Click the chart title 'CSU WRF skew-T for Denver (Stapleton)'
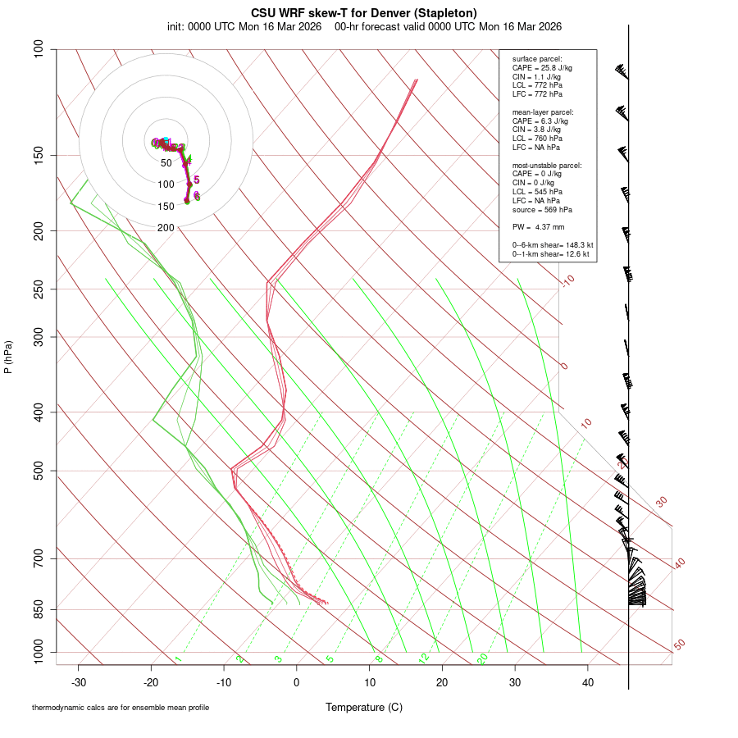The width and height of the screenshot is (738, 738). (364, 12)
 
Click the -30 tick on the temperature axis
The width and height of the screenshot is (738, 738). (79, 682)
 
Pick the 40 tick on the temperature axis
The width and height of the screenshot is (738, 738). (588, 682)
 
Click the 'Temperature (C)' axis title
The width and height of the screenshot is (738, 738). (364, 707)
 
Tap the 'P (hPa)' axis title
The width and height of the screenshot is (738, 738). (8, 358)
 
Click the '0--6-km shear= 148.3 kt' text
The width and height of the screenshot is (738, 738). (553, 244)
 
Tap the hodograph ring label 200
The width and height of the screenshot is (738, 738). (166, 227)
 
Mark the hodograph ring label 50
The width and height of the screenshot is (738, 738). (166, 163)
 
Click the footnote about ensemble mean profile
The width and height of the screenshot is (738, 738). (121, 708)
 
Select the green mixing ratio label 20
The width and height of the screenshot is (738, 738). (482, 658)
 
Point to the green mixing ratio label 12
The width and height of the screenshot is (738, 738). (424, 658)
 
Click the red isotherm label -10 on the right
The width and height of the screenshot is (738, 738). (567, 280)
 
